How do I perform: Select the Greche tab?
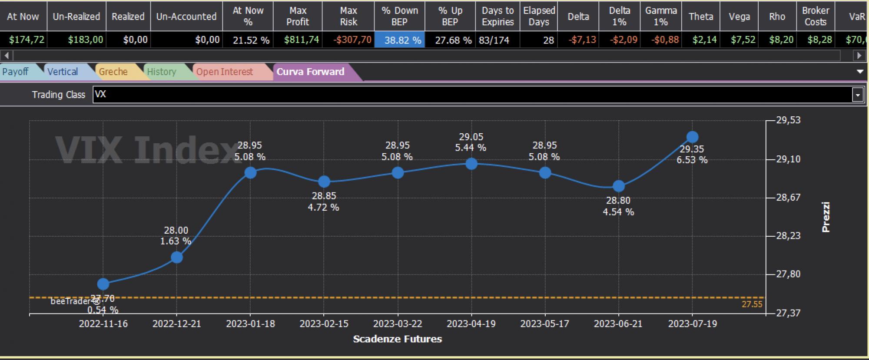pos(114,72)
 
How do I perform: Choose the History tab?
pos(162,72)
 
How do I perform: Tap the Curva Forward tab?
pos(311,72)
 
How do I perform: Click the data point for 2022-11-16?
pos(103,284)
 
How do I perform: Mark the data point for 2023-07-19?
pos(692,137)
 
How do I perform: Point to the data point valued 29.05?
pos(471,164)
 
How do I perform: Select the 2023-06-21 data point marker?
pos(619,186)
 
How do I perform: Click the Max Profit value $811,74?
pos(302,40)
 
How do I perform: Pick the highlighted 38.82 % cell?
pos(399,40)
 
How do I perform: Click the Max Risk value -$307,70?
pos(352,40)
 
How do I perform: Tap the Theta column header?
pos(701,17)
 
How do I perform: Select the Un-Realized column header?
pos(76,17)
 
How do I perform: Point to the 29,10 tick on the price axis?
pos(788,159)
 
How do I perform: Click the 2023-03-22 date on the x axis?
pos(398,324)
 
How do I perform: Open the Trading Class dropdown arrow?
pos(858,95)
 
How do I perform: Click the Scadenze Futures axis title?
pos(398,339)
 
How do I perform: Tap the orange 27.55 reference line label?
pos(752,304)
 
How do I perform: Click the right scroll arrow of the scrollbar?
pos(859,56)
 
